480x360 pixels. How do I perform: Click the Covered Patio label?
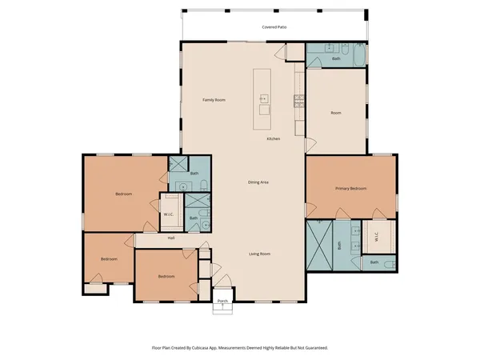pyautogui.click(x=275, y=27)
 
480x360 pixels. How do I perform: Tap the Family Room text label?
pyautogui.click(x=214, y=100)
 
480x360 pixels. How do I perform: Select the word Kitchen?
pyautogui.click(x=273, y=139)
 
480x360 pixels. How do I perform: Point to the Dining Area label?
pyautogui.click(x=258, y=182)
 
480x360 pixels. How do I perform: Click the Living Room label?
pyautogui.click(x=259, y=254)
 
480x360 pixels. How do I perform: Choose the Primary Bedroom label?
pyautogui.click(x=350, y=188)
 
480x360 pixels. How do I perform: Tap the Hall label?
pyautogui.click(x=171, y=238)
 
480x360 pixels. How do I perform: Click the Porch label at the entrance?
pyautogui.click(x=223, y=302)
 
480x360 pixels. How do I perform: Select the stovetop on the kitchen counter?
pyautogui.click(x=299, y=101)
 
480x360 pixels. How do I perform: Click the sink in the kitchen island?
pyautogui.click(x=262, y=99)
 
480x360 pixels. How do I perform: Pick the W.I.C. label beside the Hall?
pyautogui.click(x=170, y=214)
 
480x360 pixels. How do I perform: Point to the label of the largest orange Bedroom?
pyautogui.click(x=123, y=194)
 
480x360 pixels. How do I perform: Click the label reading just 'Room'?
pyautogui.click(x=336, y=113)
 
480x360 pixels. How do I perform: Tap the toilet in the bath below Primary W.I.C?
pyautogui.click(x=389, y=263)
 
